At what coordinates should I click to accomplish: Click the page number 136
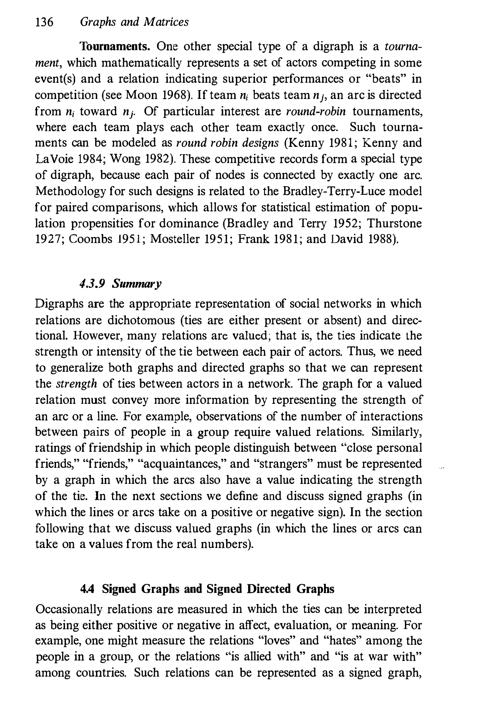tap(44, 22)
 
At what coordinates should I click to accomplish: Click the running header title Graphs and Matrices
tap(134, 22)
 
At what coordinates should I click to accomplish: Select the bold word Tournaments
tap(115, 47)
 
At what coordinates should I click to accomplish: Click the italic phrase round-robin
tap(316, 111)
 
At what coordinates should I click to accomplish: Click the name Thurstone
tap(394, 223)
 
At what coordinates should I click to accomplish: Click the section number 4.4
tap(87, 589)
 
